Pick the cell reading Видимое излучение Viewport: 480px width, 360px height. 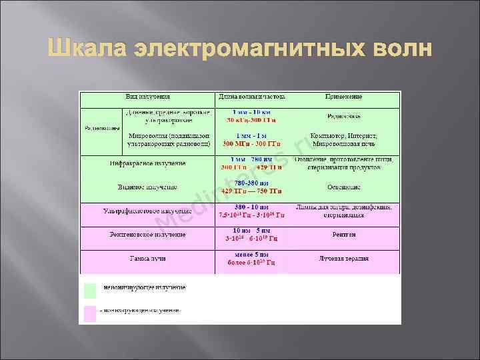click(146, 188)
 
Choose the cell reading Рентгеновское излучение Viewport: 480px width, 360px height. click(146, 235)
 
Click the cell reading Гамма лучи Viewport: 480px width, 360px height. click(147, 257)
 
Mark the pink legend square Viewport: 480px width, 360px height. click(90, 311)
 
